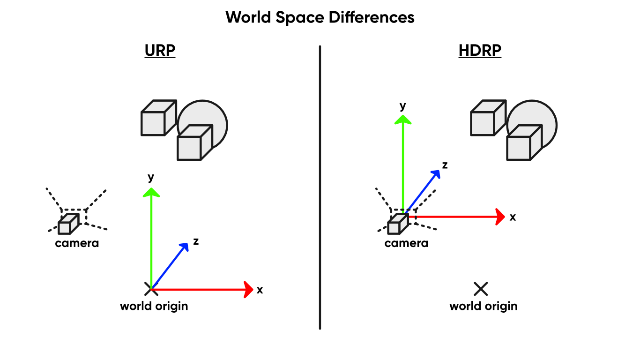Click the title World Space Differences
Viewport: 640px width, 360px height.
click(320, 18)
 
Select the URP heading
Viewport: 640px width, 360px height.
click(160, 51)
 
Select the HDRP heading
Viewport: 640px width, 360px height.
click(480, 51)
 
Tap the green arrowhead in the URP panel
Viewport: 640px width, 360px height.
click(151, 192)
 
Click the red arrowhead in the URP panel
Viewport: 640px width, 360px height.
click(248, 289)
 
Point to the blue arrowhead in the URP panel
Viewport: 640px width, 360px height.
click(185, 247)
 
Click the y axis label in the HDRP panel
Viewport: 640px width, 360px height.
click(402, 106)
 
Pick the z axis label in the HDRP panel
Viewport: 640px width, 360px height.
click(445, 165)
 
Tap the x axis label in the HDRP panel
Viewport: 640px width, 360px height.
click(513, 217)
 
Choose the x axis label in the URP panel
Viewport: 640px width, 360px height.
click(260, 290)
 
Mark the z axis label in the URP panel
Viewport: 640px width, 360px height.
click(196, 241)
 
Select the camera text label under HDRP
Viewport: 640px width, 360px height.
click(406, 243)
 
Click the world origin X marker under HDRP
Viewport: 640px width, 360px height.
click(481, 289)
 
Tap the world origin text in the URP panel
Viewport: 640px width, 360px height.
click(154, 307)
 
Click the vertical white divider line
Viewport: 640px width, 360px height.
click(320, 187)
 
